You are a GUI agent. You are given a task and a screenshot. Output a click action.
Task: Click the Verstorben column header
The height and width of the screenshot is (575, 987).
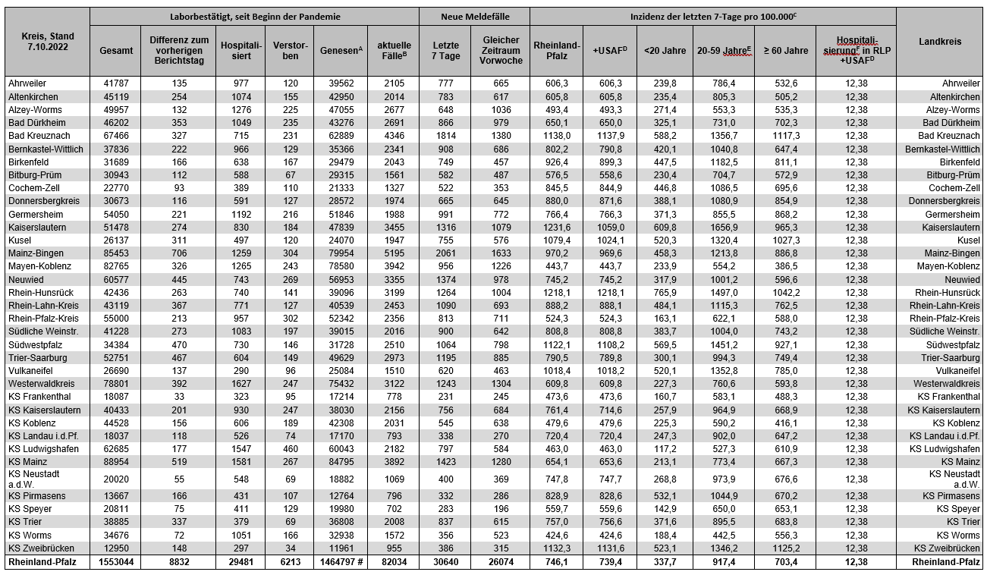[289, 50]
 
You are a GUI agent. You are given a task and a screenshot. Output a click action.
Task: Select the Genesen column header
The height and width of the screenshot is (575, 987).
[339, 50]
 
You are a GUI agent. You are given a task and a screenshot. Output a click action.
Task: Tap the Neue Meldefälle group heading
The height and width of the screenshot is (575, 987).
[474, 16]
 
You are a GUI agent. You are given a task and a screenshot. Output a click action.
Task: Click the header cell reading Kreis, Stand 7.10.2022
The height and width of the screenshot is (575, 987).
[46, 41]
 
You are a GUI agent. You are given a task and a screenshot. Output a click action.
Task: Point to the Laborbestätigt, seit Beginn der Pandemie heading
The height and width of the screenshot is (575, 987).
[254, 16]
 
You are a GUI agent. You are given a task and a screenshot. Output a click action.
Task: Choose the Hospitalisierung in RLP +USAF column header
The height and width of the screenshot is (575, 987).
[856, 50]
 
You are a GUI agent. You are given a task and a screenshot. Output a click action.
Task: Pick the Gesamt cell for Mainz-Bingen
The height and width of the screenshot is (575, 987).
[115, 253]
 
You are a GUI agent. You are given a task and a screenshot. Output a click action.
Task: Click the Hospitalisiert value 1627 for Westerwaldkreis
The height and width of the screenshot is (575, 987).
[240, 383]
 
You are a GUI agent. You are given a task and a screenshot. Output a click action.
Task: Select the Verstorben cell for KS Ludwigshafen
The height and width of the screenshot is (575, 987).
[289, 448]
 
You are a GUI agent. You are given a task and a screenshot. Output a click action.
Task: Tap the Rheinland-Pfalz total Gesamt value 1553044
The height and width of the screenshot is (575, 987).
[115, 562]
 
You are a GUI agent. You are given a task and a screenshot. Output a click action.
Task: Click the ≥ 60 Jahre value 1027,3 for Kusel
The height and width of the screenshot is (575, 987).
[785, 240]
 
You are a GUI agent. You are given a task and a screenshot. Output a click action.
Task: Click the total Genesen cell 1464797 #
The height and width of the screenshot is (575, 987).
[339, 562]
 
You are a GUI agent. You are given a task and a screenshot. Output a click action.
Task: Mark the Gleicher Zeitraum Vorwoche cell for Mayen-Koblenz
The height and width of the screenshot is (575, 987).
[501, 266]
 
